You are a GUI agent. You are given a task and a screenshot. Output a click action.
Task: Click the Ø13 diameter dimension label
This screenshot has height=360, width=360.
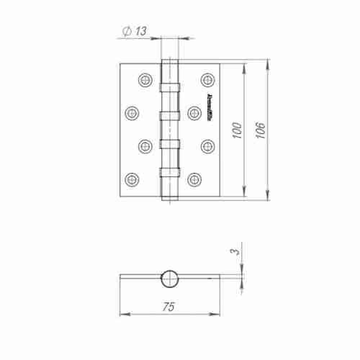(x=134, y=31)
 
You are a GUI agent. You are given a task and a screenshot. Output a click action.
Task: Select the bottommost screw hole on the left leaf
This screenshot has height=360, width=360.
(x=132, y=178)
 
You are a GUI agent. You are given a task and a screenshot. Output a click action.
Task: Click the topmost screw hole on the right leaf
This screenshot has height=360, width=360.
(x=207, y=78)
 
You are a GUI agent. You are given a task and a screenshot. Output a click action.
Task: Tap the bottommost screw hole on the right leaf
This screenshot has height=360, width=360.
(x=194, y=178)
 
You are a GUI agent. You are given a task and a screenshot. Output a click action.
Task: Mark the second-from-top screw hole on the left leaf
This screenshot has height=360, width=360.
(x=132, y=112)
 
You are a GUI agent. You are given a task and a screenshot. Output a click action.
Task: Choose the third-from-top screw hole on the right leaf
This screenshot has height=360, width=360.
(x=207, y=145)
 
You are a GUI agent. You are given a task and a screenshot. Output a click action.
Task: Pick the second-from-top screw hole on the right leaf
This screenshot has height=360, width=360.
(x=194, y=112)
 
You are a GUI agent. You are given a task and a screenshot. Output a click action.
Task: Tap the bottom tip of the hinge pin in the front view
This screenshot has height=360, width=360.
(x=168, y=201)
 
